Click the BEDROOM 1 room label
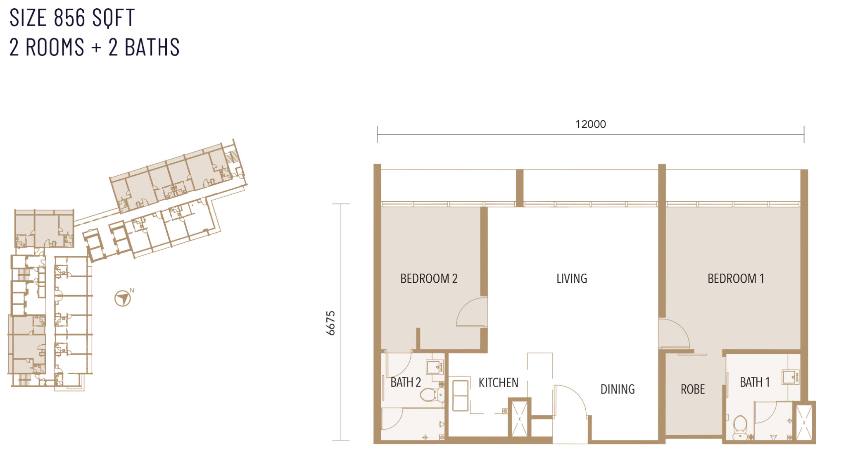[x=736, y=279]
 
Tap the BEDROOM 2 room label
[x=429, y=279]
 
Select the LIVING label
[x=572, y=279]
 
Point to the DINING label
[x=618, y=389]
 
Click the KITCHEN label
[x=498, y=383]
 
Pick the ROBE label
[x=693, y=389]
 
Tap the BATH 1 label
[x=755, y=382]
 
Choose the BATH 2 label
[x=406, y=382]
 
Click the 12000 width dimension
[x=591, y=124]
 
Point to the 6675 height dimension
[x=330, y=323]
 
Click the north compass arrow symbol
[x=123, y=298]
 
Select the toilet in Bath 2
[x=432, y=395]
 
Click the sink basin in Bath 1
[x=791, y=377]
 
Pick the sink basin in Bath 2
[x=435, y=367]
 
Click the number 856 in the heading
[x=69, y=18]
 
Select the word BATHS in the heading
[x=152, y=47]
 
